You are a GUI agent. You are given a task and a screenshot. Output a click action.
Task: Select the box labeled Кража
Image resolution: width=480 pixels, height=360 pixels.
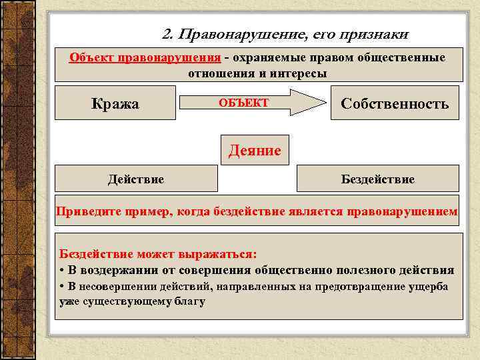pyautogui.click(x=115, y=103)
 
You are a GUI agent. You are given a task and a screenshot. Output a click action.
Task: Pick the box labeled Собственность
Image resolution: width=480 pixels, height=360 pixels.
pyautogui.click(x=395, y=103)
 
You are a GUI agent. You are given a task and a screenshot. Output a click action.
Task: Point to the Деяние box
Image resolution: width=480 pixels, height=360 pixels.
pyautogui.click(x=255, y=150)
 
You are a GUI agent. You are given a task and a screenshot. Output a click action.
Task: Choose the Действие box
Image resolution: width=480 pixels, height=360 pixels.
pyautogui.click(x=136, y=179)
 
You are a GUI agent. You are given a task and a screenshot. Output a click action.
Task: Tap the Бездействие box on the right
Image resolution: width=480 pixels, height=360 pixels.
pyautogui.click(x=377, y=179)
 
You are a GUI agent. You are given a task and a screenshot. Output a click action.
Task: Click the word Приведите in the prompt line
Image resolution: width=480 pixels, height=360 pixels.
pyautogui.click(x=86, y=212)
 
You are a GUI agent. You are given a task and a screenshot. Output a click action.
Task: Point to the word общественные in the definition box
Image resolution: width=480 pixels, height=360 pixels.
pyautogui.click(x=404, y=57)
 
